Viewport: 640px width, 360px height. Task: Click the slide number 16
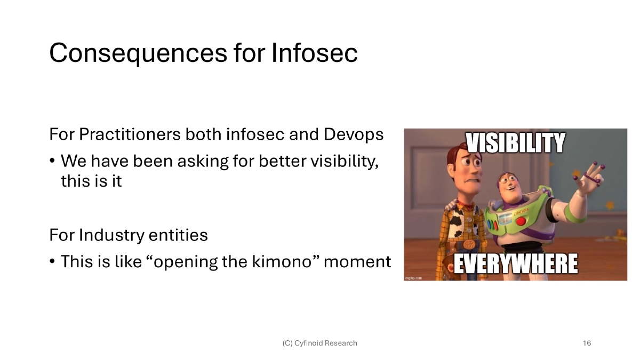(587, 343)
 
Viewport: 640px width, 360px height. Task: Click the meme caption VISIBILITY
(515, 143)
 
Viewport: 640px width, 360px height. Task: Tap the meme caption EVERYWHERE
(515, 264)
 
